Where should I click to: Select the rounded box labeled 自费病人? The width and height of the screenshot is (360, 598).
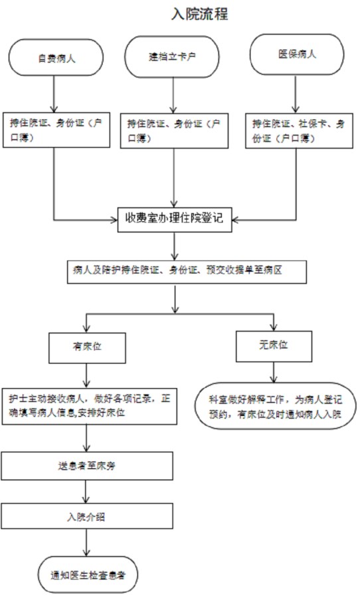[x=56, y=58]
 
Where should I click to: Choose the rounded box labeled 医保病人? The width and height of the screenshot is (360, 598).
[x=297, y=54]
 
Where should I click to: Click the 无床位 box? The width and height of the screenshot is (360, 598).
[x=273, y=344]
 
